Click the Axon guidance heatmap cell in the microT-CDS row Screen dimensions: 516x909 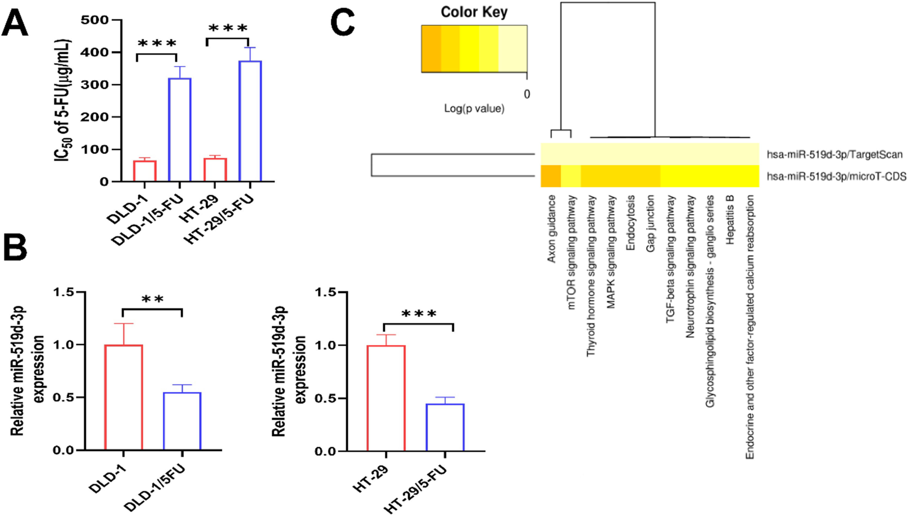tap(550, 176)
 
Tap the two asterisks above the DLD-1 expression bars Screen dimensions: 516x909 tap(152, 299)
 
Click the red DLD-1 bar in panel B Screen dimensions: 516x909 tap(124, 397)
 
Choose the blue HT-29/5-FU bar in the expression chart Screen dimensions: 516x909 tap(445, 427)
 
